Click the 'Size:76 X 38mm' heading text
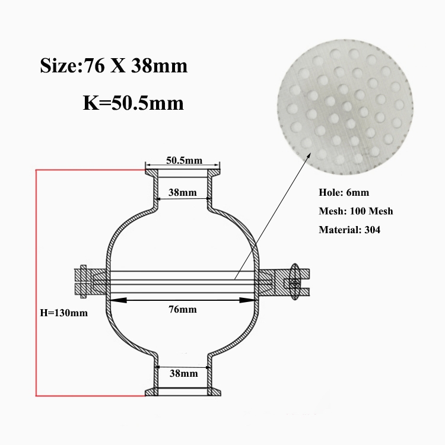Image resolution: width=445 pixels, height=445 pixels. point(113,66)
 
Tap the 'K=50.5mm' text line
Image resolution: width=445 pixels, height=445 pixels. point(133,103)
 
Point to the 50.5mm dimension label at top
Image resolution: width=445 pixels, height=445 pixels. point(184,160)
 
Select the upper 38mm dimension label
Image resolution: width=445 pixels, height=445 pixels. point(183,192)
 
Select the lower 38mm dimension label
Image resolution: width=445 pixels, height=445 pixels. point(183,373)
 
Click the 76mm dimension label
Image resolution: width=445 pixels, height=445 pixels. point(183,309)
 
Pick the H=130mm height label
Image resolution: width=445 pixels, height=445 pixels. point(64,313)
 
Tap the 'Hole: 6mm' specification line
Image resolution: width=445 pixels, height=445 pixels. point(344,192)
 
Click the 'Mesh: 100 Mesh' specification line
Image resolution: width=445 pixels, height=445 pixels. point(356,211)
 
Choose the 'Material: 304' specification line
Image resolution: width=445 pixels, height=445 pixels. point(349,229)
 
